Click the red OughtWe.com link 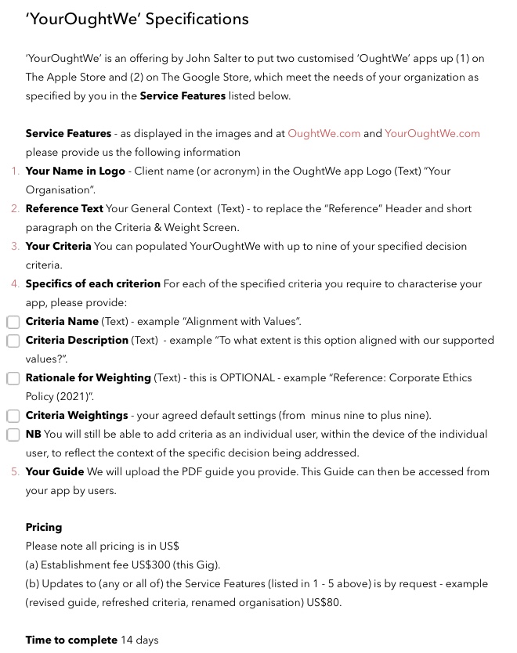[x=324, y=134]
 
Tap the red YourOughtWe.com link [x=432, y=134]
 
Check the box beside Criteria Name [x=13, y=322]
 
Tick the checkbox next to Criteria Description [x=13, y=341]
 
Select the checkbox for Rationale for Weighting [x=13, y=378]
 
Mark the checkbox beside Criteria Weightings [x=13, y=416]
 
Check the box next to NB [x=13, y=435]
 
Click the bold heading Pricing [x=44, y=528]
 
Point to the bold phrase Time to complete [x=71, y=640]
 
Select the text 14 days [x=139, y=640]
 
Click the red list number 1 [x=16, y=171]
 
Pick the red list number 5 [x=16, y=472]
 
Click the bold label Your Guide [x=55, y=472]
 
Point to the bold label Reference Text [x=64, y=209]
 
